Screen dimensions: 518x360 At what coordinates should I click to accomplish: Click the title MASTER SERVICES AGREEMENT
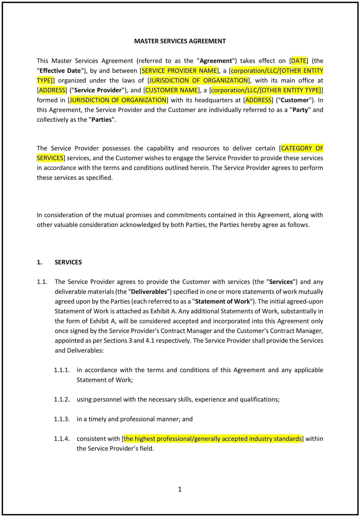[x=180, y=41]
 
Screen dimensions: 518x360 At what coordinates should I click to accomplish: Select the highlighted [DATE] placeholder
[x=299, y=61]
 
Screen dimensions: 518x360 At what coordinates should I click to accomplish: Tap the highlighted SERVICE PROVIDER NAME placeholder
[x=179, y=71]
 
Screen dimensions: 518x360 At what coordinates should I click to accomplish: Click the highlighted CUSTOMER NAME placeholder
[x=172, y=90]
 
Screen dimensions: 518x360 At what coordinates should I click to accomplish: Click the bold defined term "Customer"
[x=295, y=100]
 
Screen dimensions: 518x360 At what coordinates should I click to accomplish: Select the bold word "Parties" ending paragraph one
[x=102, y=119]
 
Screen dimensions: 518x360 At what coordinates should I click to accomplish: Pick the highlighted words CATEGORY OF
[x=302, y=148]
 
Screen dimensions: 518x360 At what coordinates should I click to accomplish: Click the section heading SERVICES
[x=68, y=262]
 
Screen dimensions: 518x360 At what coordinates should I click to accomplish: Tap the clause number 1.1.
[x=42, y=282]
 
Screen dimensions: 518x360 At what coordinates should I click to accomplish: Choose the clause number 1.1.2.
[x=62, y=399]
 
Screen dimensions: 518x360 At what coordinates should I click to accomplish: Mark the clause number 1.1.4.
[x=62, y=438]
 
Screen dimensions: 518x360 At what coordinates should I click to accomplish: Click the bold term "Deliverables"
[x=149, y=291]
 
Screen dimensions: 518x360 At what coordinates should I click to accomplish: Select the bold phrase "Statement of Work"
[x=222, y=301]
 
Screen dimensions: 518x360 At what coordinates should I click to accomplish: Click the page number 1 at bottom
[x=180, y=489]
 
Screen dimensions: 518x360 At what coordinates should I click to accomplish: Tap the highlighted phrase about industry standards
[x=212, y=438]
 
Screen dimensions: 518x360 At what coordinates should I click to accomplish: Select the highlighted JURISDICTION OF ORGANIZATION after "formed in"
[x=118, y=100]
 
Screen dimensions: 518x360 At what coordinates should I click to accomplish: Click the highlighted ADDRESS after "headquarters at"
[x=258, y=100]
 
